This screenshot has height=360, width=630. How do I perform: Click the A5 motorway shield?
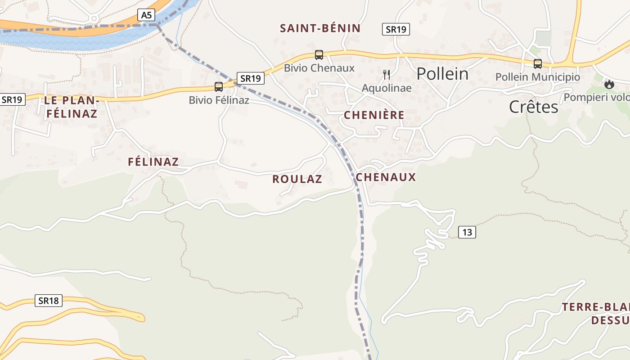[147, 15]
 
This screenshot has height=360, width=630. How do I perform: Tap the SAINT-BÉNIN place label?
[320, 28]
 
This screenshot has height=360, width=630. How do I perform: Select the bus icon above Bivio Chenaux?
[319, 55]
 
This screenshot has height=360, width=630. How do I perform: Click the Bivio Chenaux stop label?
[319, 68]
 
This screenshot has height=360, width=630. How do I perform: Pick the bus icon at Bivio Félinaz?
[219, 87]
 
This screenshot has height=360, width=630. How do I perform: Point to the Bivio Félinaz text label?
[219, 100]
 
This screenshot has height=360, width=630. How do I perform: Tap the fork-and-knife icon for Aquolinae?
[387, 74]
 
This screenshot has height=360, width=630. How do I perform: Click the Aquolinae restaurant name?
[387, 88]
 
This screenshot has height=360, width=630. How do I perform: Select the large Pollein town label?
[442, 74]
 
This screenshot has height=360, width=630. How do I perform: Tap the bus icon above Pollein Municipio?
[537, 64]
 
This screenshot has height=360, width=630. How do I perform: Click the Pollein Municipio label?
[537, 77]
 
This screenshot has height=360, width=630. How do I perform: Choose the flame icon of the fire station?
[609, 84]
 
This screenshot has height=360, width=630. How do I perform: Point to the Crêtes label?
[533, 107]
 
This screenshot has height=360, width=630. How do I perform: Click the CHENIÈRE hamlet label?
[374, 115]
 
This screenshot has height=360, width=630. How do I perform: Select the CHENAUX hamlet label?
[386, 177]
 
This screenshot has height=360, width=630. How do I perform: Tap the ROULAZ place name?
[297, 179]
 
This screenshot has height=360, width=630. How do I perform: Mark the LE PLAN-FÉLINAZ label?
[71, 107]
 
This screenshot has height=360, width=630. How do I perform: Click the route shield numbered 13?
[467, 232]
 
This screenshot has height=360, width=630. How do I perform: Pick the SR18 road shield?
[49, 301]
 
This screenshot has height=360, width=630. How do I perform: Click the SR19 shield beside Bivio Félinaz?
[250, 78]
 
